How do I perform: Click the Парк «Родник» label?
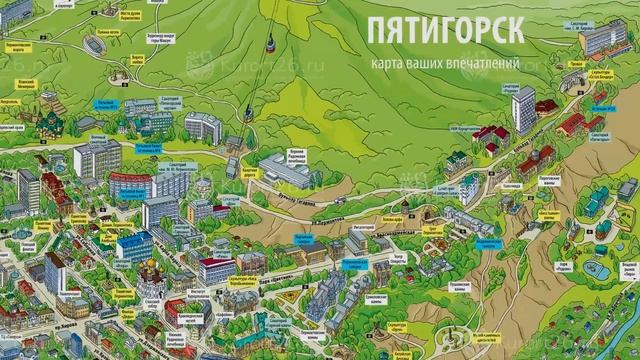click(x=590, y=252)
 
